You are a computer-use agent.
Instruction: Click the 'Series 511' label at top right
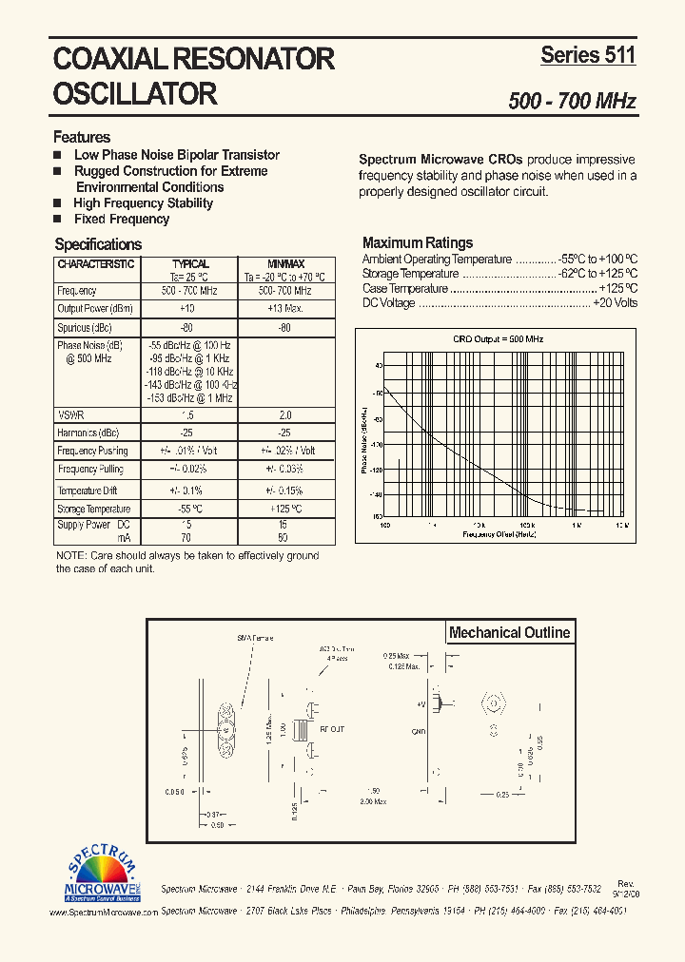coord(588,55)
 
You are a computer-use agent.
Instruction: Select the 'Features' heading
coord(82,137)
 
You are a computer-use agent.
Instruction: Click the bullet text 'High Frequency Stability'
coord(143,202)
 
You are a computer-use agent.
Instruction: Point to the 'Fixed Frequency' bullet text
coord(122,219)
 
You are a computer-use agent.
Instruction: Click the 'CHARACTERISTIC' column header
coord(96,264)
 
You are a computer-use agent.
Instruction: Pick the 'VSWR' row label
coord(70,415)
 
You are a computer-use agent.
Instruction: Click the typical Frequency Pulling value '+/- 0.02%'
coord(188,470)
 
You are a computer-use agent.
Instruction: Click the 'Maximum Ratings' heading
coord(417,242)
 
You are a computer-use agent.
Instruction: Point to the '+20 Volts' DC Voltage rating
coord(615,303)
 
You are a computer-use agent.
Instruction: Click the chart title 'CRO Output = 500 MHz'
coord(498,339)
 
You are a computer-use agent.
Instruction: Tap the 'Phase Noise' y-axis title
coord(364,440)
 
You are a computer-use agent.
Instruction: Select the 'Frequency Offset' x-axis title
coord(499,534)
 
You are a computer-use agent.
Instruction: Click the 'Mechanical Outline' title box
coord(509,632)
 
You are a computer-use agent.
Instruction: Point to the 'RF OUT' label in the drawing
coord(332,729)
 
